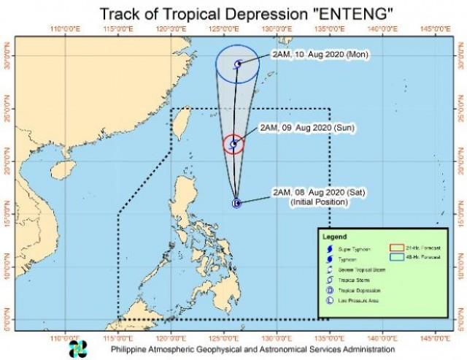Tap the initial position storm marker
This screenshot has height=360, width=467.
click(x=236, y=203)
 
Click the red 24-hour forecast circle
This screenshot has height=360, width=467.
click(x=233, y=145)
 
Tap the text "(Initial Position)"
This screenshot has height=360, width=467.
click(x=304, y=201)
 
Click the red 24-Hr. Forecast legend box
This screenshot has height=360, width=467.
click(x=395, y=250)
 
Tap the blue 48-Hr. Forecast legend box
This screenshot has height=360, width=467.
click(x=395, y=257)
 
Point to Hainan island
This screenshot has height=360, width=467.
click(x=63, y=169)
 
